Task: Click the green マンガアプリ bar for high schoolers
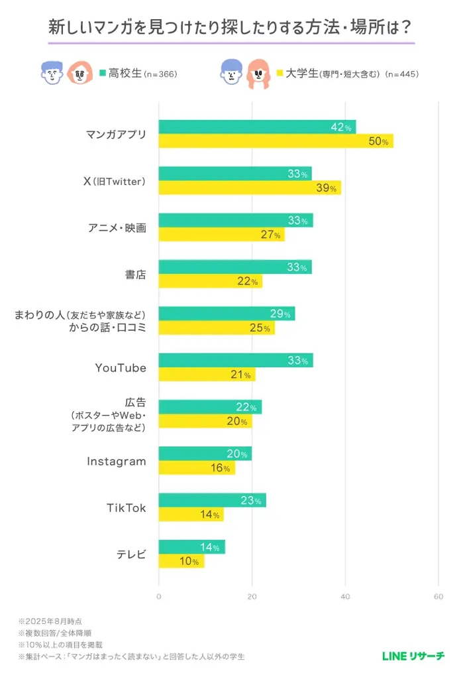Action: (x=257, y=127)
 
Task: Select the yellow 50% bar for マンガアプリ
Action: (x=276, y=141)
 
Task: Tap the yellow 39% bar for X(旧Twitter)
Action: (x=250, y=188)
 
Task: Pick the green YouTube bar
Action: (x=236, y=361)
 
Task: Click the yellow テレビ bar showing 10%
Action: (x=181, y=561)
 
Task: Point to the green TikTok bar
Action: (x=212, y=501)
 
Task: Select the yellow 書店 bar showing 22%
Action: (x=210, y=281)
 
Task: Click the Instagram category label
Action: (x=116, y=461)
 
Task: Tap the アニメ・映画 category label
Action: (x=117, y=227)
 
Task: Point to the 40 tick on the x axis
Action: (x=345, y=597)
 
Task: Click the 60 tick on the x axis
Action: (x=438, y=597)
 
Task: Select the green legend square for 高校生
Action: (x=103, y=73)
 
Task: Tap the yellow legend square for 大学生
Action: (x=280, y=73)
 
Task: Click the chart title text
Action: (x=231, y=28)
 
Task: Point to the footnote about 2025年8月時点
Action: (x=51, y=621)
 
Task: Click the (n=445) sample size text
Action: (x=401, y=74)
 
